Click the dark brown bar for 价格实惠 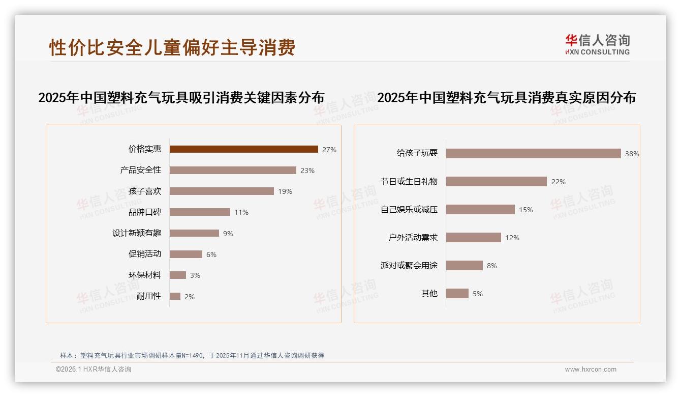[243, 149]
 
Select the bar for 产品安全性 [233, 170]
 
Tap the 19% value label [285, 191]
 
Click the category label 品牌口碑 [145, 212]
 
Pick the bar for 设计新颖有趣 [194, 233]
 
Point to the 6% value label [211, 254]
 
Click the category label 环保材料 [145, 275]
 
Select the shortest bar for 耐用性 [175, 296]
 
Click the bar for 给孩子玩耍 [533, 153]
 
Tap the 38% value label [632, 154]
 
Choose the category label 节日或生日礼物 [409, 181]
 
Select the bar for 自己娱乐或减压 [480, 209]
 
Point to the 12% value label [512, 238]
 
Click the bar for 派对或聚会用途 [464, 265]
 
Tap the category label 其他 [429, 293]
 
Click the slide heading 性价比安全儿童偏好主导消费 [172, 47]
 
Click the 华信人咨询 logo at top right [597, 45]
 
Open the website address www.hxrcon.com [591, 370]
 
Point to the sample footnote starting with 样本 [192, 356]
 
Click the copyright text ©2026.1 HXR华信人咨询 [94, 370]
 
